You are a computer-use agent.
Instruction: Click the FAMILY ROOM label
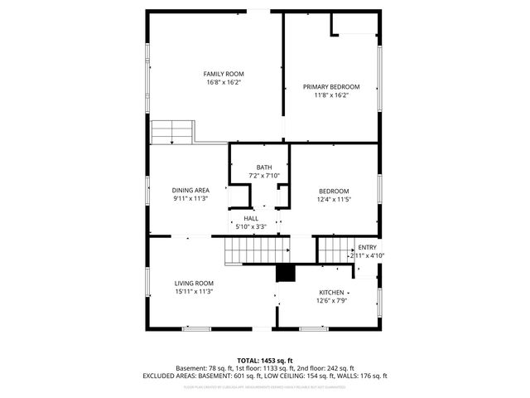pos(224,74)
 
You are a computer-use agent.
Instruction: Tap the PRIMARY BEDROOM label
pos(331,87)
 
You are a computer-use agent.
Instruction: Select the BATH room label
pos(264,167)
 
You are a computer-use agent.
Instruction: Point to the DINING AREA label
pos(190,190)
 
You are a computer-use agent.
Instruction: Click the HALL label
pos(250,218)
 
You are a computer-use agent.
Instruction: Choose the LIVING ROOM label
pos(195,284)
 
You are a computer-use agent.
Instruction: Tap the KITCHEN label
pos(331,293)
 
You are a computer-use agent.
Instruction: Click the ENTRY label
pos(367,247)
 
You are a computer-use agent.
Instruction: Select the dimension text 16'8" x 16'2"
pos(224,83)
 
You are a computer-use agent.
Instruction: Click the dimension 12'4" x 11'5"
pos(334,199)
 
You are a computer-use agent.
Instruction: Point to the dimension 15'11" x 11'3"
pos(195,292)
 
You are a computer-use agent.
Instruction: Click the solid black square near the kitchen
pos(285,274)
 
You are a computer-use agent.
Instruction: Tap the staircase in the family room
pos(171,132)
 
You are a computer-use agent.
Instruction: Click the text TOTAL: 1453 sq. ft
pos(264,360)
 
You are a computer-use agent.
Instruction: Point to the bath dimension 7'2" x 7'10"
pos(264,176)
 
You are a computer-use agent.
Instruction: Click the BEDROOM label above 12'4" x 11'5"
pos(334,191)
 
